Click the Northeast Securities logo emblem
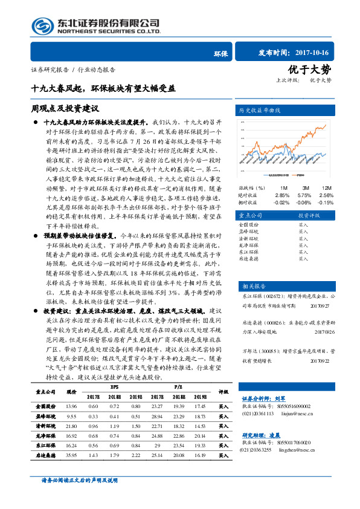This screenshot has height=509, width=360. tap(42, 26)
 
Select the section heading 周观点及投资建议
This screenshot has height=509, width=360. tap(65, 108)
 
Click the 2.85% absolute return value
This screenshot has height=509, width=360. tap(282, 195)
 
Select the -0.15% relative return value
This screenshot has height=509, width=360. tap(326, 203)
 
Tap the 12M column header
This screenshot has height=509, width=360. tap(326, 188)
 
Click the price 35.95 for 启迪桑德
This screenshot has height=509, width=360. tap(71, 455)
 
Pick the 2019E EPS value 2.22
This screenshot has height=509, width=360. tap(135, 455)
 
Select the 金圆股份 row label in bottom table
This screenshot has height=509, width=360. tap(46, 406)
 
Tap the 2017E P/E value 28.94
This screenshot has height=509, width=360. tap(157, 417)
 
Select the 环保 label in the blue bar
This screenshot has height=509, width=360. tap(220, 53)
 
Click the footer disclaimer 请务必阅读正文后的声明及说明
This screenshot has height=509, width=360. tap(79, 497)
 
